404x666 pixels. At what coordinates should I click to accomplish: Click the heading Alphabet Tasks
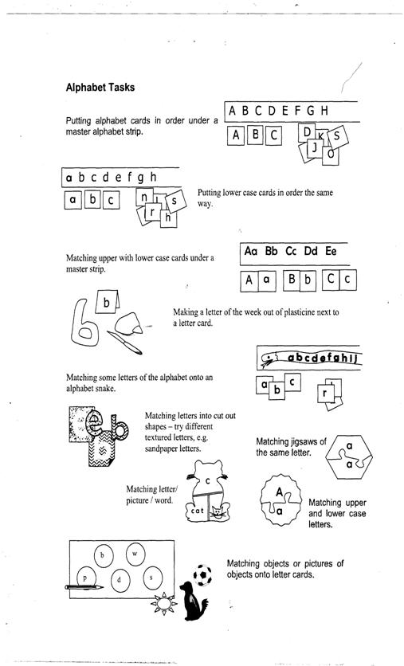tap(100, 88)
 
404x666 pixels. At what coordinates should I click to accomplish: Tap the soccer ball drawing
tap(202, 575)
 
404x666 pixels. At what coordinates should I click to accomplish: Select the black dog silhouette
tap(193, 601)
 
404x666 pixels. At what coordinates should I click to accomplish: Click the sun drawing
tap(163, 603)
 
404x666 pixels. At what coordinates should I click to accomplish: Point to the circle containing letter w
tap(135, 554)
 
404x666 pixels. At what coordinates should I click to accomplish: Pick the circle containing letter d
tap(120, 580)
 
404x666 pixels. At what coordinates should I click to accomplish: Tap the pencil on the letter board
tap(84, 587)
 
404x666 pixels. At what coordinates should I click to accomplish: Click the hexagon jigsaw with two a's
tap(349, 456)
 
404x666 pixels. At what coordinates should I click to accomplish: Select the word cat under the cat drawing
tap(198, 511)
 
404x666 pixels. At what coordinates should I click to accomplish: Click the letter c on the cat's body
tap(208, 481)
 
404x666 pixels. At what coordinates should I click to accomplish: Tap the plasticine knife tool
tap(124, 343)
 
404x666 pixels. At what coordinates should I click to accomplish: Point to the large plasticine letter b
tap(85, 323)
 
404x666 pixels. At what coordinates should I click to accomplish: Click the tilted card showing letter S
tap(338, 137)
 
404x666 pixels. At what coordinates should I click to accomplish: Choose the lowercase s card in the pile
tap(175, 201)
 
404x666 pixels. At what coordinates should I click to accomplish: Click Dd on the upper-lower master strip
tap(311, 251)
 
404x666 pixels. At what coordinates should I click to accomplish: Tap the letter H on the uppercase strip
tap(324, 111)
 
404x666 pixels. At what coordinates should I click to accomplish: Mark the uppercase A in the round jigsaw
tap(279, 492)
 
